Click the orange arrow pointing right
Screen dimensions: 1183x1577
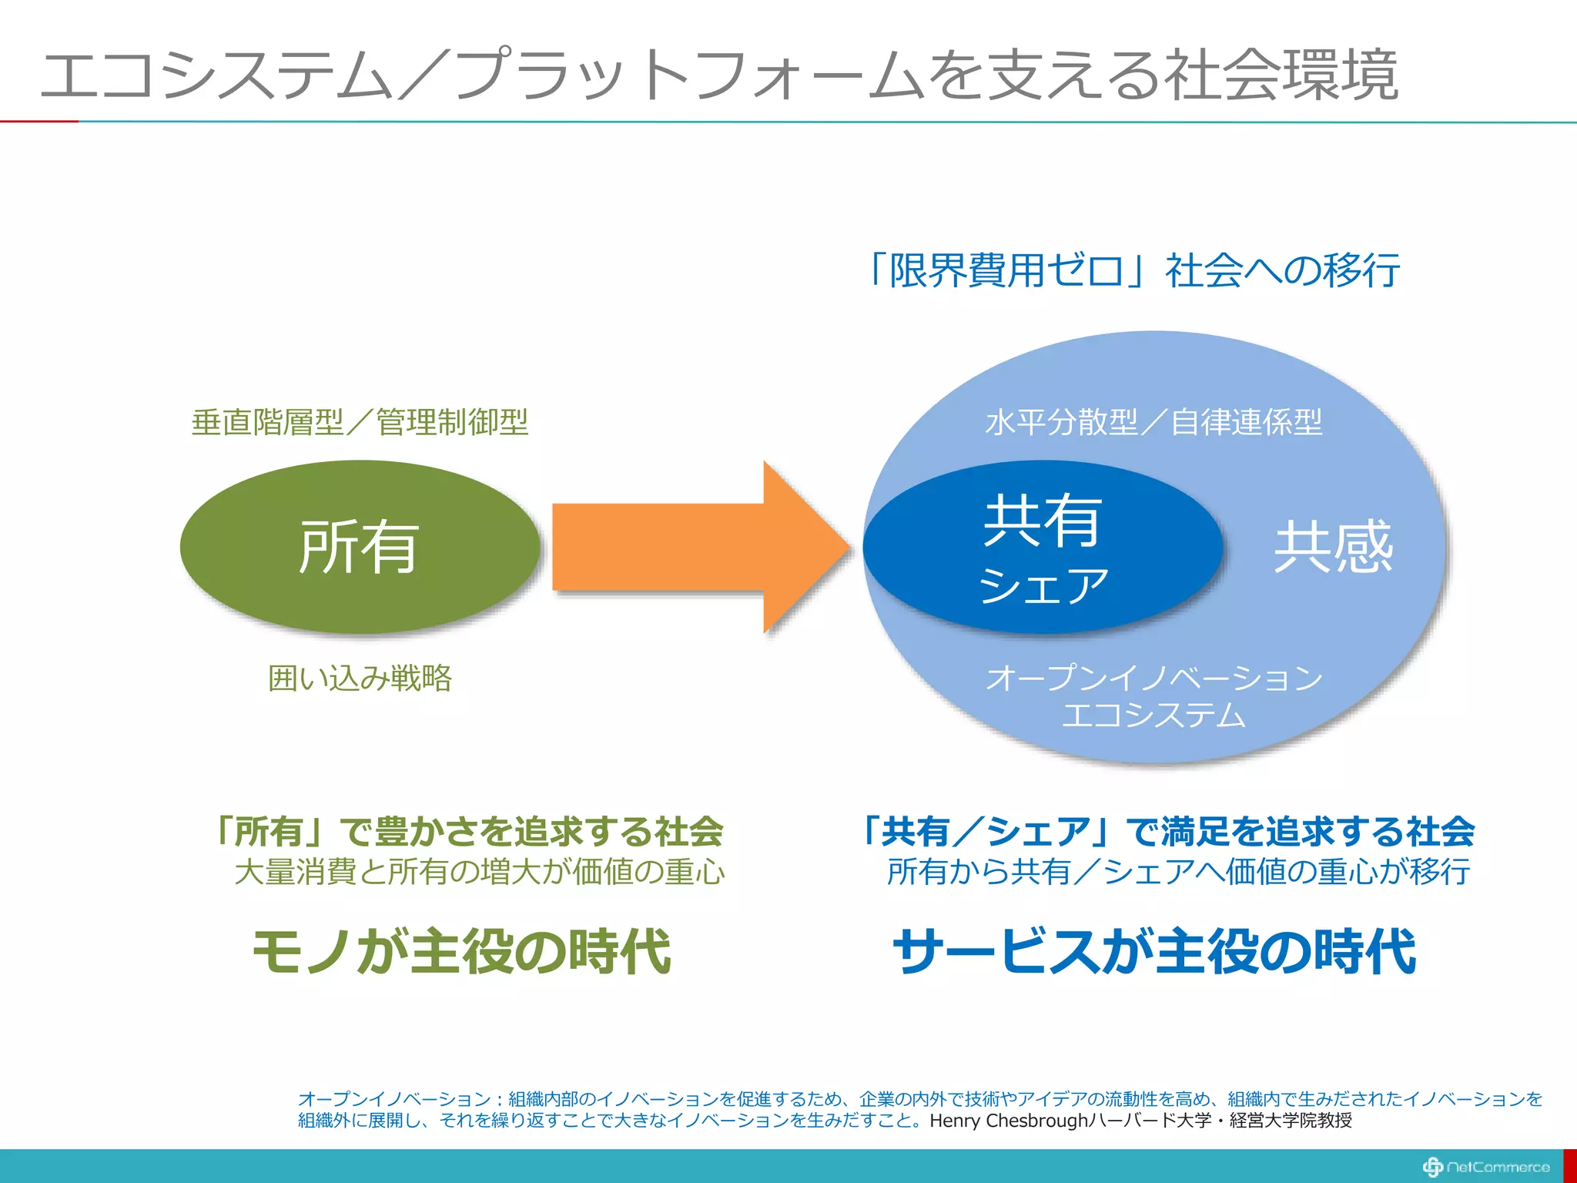pyautogui.click(x=693, y=548)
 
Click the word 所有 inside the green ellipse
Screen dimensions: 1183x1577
pyautogui.click(x=359, y=548)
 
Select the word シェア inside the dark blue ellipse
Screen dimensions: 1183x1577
pyautogui.click(x=1043, y=587)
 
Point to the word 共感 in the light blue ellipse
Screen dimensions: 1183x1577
pyautogui.click(x=1333, y=548)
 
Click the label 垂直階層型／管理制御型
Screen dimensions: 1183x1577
pyautogui.click(x=360, y=422)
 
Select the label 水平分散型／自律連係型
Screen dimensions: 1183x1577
pyautogui.click(x=1153, y=422)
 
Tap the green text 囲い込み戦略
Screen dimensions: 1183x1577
pyautogui.click(x=360, y=679)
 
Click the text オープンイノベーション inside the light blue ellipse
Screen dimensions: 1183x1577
pyautogui.click(x=1153, y=678)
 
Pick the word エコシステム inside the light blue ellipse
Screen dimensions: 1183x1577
pyautogui.click(x=1153, y=715)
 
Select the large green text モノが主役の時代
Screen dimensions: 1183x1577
pyautogui.click(x=461, y=952)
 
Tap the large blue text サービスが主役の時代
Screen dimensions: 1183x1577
pyautogui.click(x=1153, y=952)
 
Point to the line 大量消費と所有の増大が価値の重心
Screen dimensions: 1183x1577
pyautogui.click(x=479, y=872)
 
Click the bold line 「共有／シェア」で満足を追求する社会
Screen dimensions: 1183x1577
pyautogui.click(x=1166, y=832)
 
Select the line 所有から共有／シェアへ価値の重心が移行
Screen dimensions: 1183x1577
pyautogui.click(x=1178, y=872)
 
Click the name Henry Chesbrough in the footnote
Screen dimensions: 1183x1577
pyautogui.click(x=1009, y=1121)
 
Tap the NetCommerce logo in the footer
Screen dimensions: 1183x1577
pyautogui.click(x=1485, y=1167)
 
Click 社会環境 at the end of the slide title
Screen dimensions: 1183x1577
pyautogui.click(x=1282, y=75)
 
